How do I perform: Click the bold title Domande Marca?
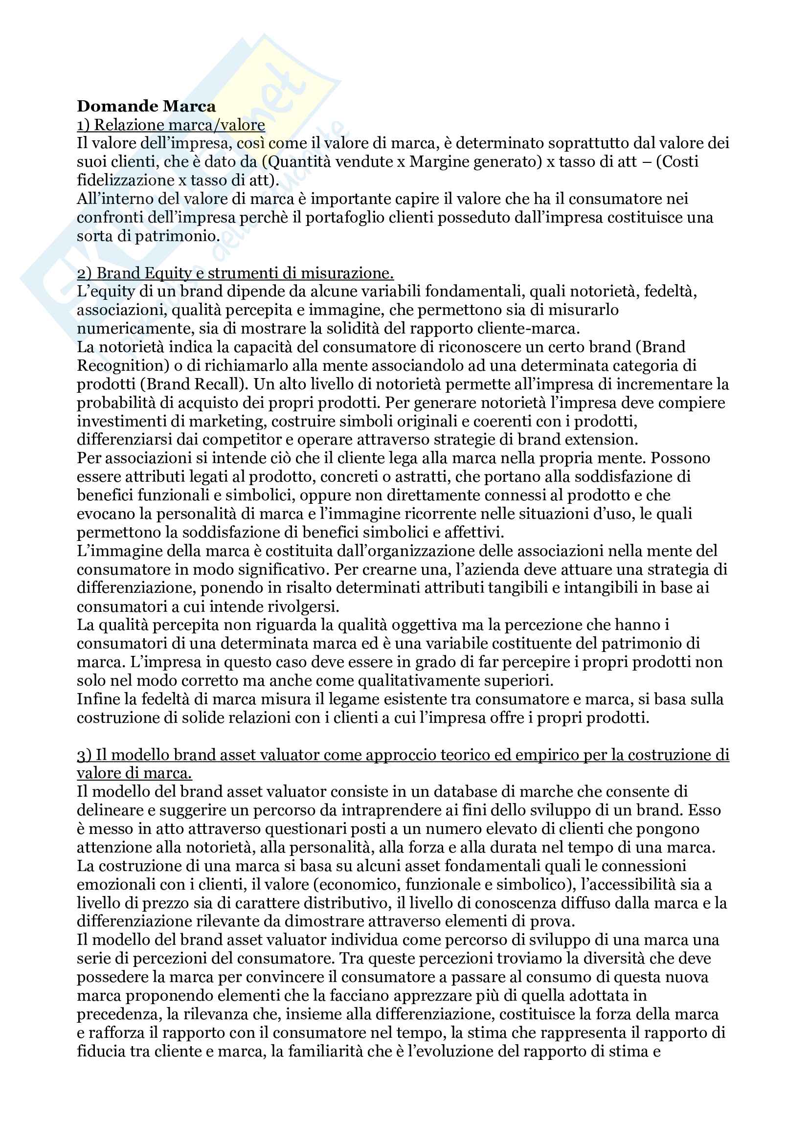point(146,106)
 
